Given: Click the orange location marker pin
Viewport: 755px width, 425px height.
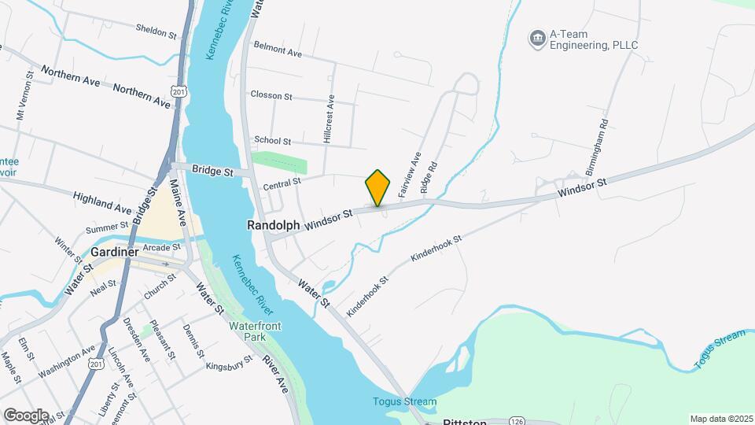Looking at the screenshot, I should [377, 187].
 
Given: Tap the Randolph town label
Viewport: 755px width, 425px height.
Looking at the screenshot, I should [273, 225].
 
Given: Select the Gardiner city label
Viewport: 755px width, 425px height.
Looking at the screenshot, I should [115, 252].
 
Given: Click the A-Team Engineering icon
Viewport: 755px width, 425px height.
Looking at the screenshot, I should [538, 38].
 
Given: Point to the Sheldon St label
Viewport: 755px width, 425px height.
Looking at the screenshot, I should [157, 32].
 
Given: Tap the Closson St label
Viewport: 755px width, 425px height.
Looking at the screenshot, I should [271, 96].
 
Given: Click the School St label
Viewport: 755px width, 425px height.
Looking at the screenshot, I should [271, 141].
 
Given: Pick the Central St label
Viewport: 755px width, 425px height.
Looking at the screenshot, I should [282, 183].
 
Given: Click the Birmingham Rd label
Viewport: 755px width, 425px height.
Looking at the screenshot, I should [596, 147].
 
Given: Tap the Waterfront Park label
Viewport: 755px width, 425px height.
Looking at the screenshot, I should [255, 331].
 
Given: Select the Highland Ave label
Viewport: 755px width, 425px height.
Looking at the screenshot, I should [102, 203].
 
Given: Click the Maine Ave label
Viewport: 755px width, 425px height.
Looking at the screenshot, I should [178, 201].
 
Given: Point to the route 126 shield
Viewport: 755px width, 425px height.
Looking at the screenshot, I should [516, 421].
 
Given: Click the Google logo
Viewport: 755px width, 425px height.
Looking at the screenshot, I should [25, 415].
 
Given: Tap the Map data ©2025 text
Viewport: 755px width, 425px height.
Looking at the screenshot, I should [720, 419].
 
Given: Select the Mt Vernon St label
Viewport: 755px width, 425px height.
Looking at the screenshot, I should [24, 98].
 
